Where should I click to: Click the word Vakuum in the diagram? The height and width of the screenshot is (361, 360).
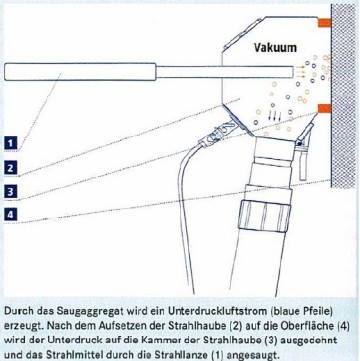point(275,47)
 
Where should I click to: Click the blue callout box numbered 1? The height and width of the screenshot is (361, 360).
point(11,143)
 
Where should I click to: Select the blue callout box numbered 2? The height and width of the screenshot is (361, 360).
point(11,168)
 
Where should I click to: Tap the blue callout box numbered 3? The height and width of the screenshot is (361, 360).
point(11,191)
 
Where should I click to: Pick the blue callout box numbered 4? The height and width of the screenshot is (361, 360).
point(11,214)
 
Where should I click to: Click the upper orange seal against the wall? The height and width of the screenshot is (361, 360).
point(324,23)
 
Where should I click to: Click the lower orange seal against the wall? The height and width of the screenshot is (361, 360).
point(324,108)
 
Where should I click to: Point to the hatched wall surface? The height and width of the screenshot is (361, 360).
point(343,96)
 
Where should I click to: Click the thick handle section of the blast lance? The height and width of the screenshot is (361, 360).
point(80,72)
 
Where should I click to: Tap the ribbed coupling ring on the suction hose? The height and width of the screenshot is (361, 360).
point(265,214)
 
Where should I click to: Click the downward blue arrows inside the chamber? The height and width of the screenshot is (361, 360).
point(274,116)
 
